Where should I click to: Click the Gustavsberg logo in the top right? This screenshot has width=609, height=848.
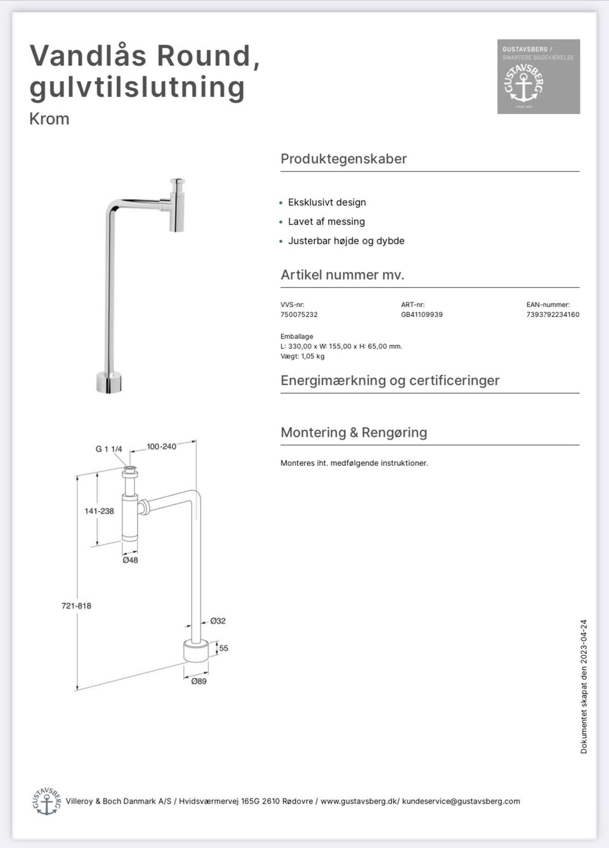coord(538,77)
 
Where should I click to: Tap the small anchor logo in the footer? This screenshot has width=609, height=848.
coord(46,802)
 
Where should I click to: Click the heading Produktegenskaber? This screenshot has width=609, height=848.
coord(344,159)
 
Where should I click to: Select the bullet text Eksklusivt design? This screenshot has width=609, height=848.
coord(327,202)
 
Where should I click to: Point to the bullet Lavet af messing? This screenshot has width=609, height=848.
coord(326,221)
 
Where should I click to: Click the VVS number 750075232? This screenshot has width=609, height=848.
coord(299,314)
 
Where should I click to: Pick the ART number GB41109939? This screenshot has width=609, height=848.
coord(422,314)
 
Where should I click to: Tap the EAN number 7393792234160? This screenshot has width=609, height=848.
coord(553,314)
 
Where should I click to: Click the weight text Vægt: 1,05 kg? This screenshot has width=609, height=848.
coord(303,356)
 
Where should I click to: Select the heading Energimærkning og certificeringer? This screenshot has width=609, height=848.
coord(390,380)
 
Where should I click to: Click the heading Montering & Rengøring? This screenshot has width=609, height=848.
coord(354,432)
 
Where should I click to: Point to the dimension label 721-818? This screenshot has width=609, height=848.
coord(76,606)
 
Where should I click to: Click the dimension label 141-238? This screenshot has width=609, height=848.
coord(99,511)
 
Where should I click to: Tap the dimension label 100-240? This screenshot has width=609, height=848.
coord(162,447)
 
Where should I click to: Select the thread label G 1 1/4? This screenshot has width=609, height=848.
coord(109,449)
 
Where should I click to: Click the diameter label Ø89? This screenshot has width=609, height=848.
coord(199,681)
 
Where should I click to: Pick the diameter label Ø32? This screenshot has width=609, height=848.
coord(218,621)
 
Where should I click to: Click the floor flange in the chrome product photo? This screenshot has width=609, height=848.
coord(108,382)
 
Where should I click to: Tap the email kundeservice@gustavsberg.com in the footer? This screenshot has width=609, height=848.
coord(461,801)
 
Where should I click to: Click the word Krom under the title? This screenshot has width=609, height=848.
coord(49,119)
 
